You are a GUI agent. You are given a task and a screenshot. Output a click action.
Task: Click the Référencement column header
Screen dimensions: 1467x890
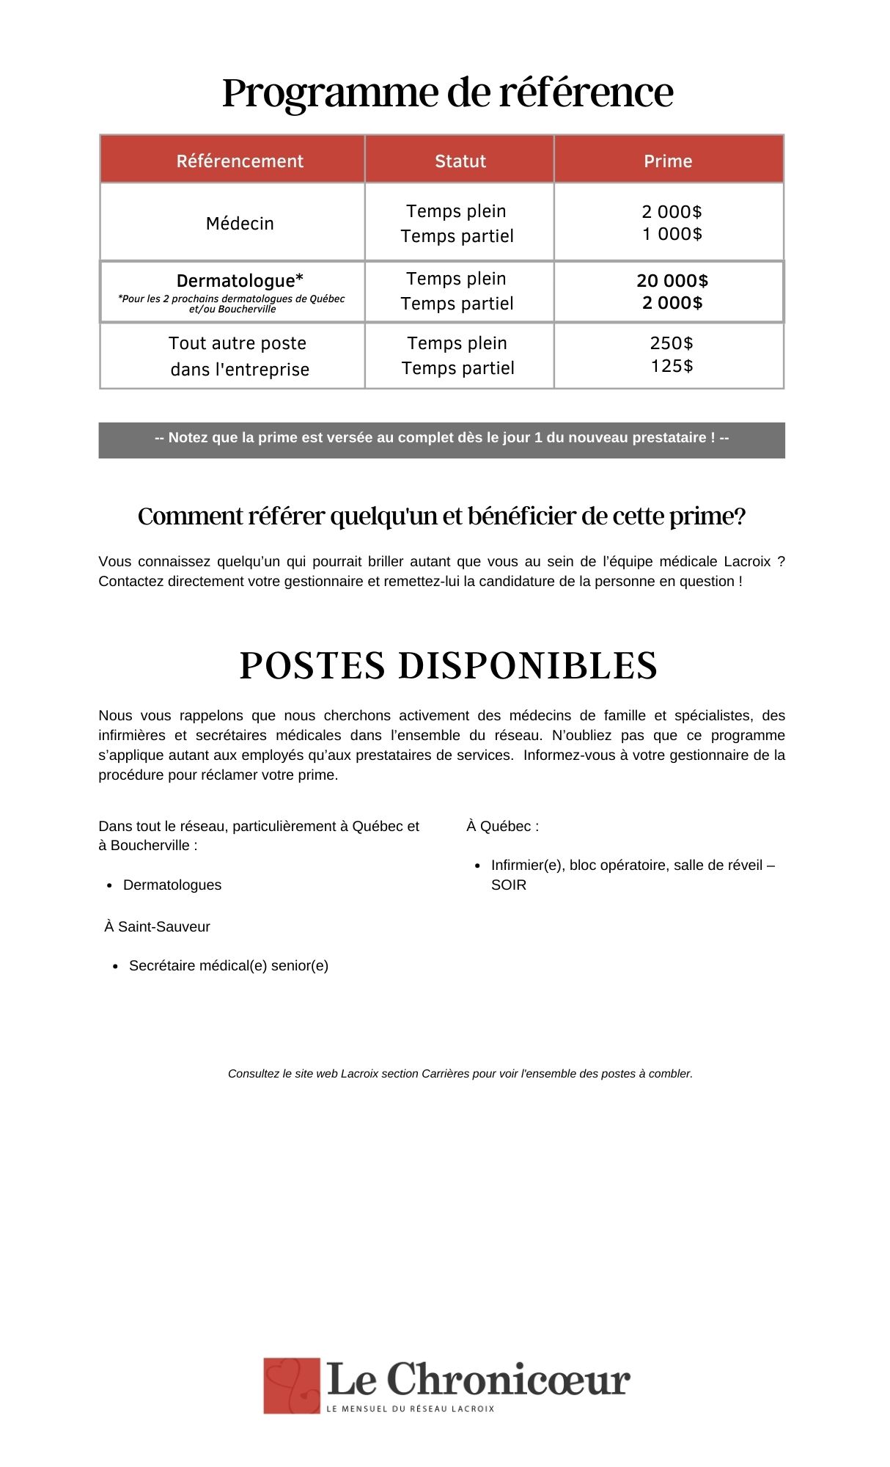pos(240,161)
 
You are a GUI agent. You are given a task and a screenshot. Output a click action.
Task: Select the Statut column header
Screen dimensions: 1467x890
pos(460,161)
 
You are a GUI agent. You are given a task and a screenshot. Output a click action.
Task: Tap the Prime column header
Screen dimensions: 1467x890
pos(668,161)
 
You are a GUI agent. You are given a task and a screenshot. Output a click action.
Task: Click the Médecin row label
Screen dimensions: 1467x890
pos(240,224)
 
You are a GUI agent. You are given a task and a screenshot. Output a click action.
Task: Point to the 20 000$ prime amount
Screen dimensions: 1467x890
pos(672,281)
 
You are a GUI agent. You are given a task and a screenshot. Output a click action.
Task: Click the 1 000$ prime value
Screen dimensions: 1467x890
pos(672,234)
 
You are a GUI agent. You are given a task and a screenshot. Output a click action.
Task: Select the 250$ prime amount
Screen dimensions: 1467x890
pos(672,343)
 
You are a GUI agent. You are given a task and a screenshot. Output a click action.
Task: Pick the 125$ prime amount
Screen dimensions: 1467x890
pos(672,366)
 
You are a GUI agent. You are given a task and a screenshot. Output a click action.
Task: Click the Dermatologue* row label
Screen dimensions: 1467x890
pos(240,281)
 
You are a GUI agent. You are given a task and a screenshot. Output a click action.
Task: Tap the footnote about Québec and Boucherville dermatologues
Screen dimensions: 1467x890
pos(232,304)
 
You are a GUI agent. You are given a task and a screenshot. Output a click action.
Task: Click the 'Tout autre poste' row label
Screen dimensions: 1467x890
pos(238,356)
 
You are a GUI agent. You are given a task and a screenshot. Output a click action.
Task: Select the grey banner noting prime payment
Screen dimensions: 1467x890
pos(441,439)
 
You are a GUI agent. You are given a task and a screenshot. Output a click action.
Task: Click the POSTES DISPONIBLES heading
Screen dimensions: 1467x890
pos(448,666)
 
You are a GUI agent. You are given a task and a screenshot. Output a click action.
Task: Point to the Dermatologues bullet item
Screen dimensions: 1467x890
pos(172,885)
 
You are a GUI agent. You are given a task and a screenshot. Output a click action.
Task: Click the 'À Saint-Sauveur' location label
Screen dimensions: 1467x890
pos(157,927)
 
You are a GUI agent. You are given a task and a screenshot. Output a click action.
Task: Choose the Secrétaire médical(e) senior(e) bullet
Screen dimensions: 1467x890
pos(228,966)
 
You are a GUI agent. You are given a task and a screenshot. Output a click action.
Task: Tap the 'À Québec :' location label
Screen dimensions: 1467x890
pos(502,827)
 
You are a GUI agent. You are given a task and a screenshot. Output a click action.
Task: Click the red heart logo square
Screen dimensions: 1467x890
pos(292,1385)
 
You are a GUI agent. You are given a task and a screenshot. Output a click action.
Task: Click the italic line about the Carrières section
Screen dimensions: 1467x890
pos(460,1074)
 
